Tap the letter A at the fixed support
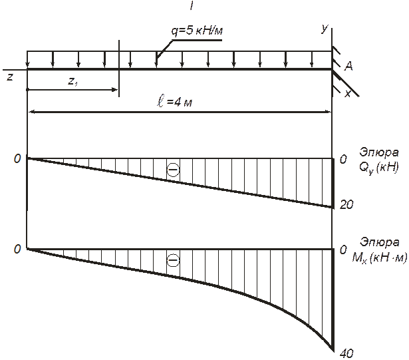pos(348,67)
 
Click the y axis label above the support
pos(324,29)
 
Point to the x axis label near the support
pos(348,93)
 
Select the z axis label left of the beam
pos(9,77)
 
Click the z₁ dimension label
pos(73,81)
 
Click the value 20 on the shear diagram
pos(346,205)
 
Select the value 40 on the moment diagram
pos(346,354)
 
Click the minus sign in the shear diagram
pos(173,171)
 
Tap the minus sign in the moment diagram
pos(173,261)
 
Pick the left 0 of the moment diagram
pos(18,249)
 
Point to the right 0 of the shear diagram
pos(343,160)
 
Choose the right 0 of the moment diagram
pos(343,250)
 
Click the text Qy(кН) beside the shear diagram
pos(378,167)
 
